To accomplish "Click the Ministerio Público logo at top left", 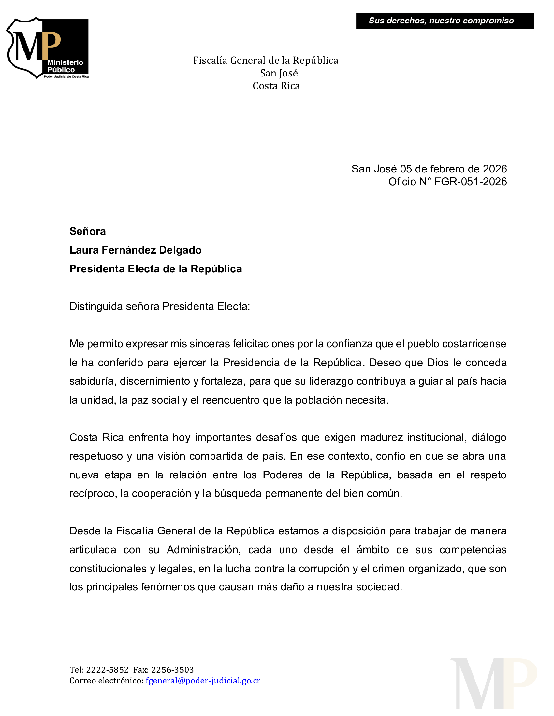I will (x=48, y=48).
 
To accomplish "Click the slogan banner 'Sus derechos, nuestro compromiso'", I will (x=445, y=21).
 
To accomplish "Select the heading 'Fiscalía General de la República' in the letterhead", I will (x=265, y=61).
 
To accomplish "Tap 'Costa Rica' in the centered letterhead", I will (x=276, y=86).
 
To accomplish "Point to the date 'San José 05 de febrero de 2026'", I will (x=429, y=169).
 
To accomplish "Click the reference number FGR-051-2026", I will (x=470, y=182).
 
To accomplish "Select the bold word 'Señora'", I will (x=87, y=231).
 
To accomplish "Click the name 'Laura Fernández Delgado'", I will (x=135, y=250).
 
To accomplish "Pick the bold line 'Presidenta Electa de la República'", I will (x=155, y=269).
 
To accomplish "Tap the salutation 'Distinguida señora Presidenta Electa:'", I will (x=159, y=306).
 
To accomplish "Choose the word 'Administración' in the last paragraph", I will (x=203, y=550).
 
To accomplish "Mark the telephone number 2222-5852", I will (x=107, y=669).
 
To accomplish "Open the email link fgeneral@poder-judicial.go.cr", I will (x=203, y=681).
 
